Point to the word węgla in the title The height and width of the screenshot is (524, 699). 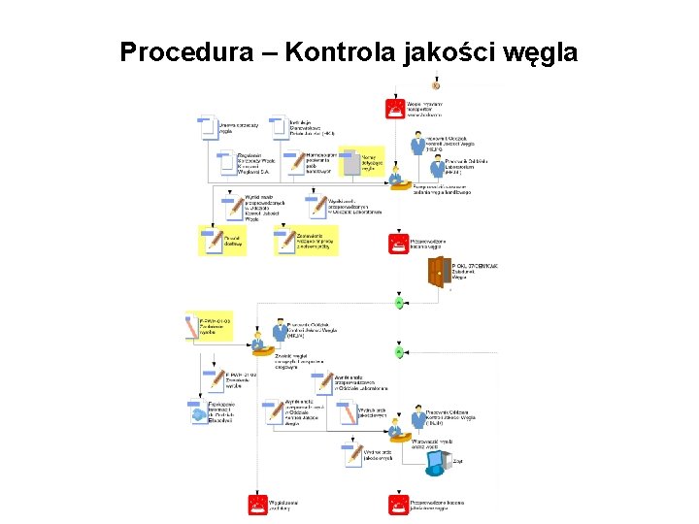pos(540,51)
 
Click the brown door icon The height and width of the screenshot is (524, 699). pos(439,273)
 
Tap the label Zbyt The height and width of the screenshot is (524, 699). pos(457,462)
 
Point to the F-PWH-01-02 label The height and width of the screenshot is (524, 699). pos(237,379)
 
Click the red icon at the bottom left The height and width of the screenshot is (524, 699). pos(258,504)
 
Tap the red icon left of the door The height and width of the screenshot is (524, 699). pos(396,243)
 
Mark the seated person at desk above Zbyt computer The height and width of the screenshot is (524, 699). pos(395,426)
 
